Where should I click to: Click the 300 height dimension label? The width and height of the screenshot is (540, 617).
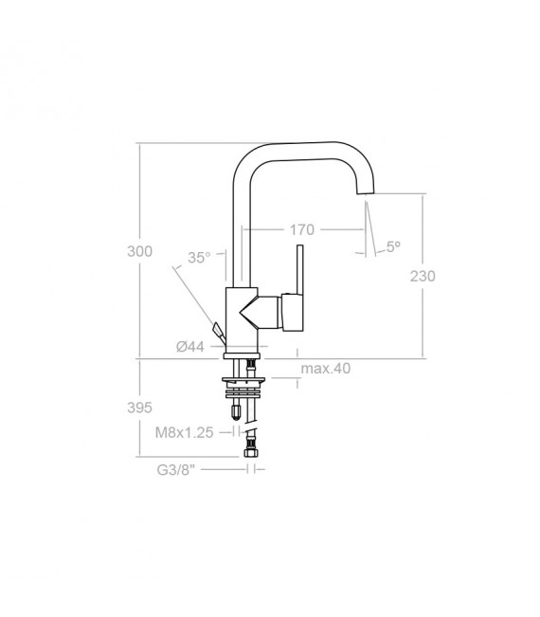click(139, 252)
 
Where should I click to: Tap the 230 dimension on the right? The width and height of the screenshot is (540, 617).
click(422, 277)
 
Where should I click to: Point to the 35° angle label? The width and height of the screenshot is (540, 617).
click(199, 257)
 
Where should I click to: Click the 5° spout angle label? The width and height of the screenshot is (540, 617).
click(392, 246)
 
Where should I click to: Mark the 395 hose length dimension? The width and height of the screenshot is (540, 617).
click(139, 408)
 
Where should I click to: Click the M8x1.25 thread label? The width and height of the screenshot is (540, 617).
click(183, 432)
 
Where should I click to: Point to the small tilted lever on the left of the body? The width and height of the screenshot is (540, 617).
click(220, 332)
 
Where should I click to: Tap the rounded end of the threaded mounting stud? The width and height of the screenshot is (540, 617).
click(232, 411)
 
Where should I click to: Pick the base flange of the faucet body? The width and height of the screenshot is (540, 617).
click(243, 355)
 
